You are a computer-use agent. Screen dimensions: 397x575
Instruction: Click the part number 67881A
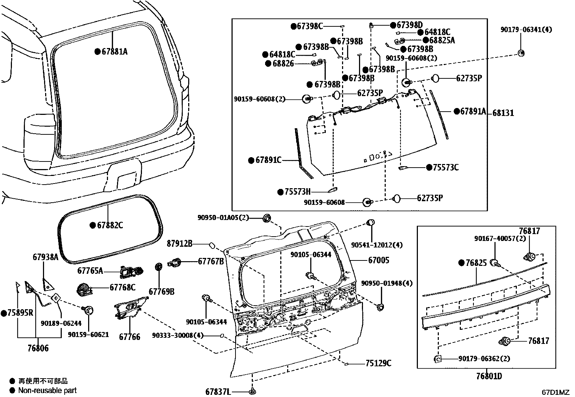(114, 52)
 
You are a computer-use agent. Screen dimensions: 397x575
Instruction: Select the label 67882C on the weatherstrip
(110, 225)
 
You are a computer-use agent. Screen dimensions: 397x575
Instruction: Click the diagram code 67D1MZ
(555, 392)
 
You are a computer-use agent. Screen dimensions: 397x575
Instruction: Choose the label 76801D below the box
(489, 376)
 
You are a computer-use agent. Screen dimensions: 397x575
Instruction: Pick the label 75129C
(378, 363)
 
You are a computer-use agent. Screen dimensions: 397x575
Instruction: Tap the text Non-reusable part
(47, 390)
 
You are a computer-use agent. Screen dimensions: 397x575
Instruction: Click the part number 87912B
(180, 244)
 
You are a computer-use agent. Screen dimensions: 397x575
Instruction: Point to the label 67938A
(45, 257)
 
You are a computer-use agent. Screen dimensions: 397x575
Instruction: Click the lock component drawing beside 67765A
(131, 271)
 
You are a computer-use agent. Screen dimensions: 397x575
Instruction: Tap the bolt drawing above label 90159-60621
(88, 310)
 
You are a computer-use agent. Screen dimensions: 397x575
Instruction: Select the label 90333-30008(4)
(177, 336)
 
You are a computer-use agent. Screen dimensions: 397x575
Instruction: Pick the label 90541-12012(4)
(377, 245)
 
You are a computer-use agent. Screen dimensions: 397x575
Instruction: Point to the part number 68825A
(442, 40)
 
